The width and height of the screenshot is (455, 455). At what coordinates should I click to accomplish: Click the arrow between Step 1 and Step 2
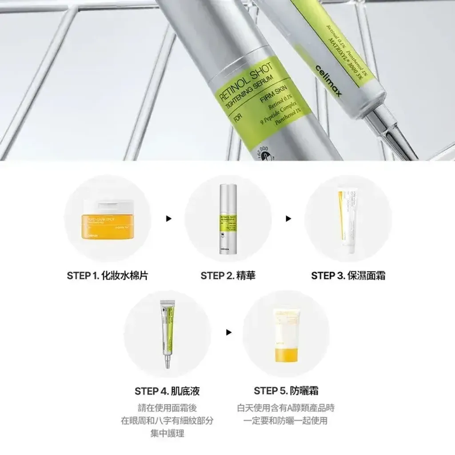point(168,219)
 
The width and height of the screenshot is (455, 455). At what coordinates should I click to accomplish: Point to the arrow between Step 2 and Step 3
point(288,219)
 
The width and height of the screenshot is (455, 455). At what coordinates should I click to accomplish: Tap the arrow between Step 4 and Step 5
point(229,332)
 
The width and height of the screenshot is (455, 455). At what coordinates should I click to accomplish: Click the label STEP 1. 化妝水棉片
point(108,276)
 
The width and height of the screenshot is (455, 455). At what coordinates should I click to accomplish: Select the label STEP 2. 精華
point(228,276)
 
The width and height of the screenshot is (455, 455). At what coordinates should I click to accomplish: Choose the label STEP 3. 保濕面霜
point(348,276)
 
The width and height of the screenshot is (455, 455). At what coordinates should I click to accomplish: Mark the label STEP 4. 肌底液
point(167,391)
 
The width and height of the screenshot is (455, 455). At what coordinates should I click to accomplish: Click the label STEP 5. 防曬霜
point(286,391)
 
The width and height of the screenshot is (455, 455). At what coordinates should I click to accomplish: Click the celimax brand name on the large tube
point(329,78)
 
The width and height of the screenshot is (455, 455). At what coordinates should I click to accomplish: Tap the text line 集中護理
point(167,433)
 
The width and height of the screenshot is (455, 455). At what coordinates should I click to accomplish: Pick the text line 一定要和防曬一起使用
point(286,420)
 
